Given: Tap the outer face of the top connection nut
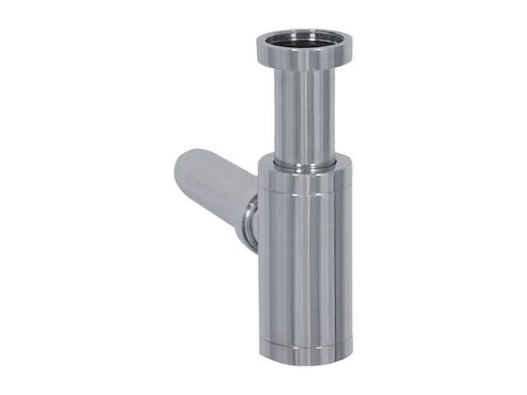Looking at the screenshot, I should (304, 59).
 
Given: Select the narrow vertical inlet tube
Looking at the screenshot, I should (304, 115).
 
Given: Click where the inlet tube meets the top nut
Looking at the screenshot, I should (304, 72).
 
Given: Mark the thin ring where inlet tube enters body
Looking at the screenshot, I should (304, 165).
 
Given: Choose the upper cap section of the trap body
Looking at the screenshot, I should (304, 181).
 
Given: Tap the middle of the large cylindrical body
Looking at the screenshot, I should (305, 263).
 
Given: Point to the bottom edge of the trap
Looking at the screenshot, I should (305, 363).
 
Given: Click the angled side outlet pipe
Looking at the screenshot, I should (214, 185).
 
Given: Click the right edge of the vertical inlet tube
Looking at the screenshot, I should (333, 115).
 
